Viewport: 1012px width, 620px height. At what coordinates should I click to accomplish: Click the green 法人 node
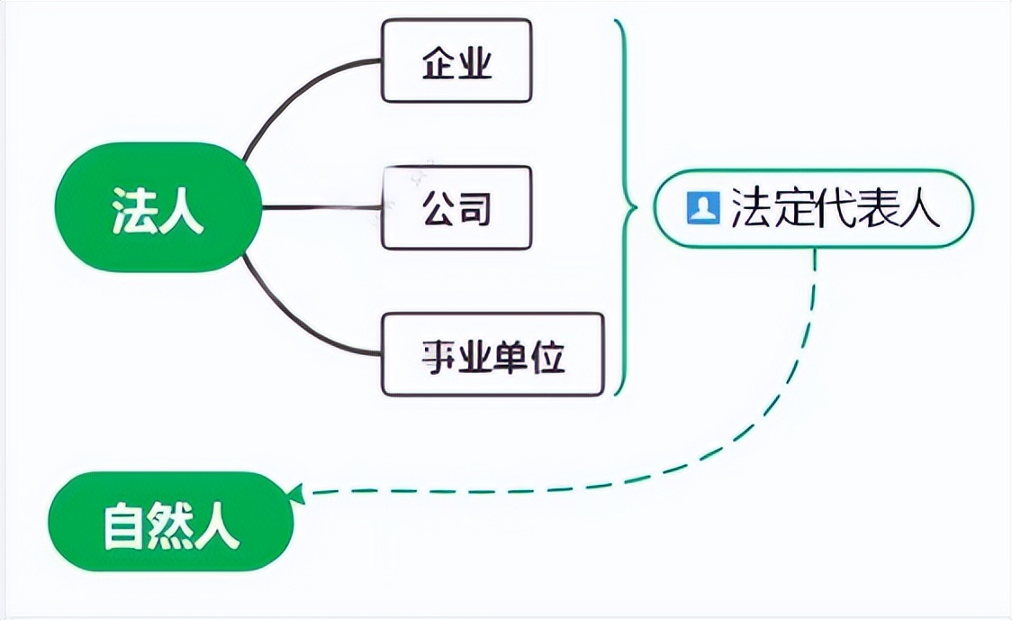point(158,208)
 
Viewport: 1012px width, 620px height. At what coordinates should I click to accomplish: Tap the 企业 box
point(456,60)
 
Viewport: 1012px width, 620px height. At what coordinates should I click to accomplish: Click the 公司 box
point(456,208)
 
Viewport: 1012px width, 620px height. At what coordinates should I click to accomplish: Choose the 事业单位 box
point(492,354)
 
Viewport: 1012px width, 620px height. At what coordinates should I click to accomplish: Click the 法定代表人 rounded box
point(813,208)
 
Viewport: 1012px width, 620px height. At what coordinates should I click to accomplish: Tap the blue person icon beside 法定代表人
point(702,208)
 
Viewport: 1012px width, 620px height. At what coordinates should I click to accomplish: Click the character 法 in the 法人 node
point(133,209)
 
